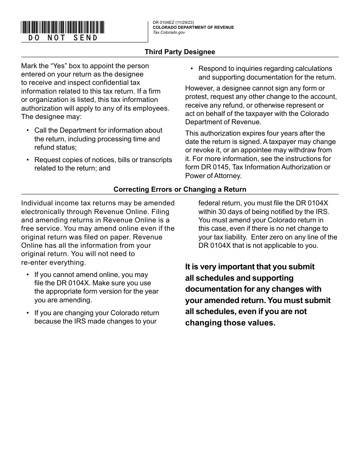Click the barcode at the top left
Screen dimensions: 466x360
63,27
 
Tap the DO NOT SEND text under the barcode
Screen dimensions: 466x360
63,38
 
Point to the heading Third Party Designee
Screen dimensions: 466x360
180,52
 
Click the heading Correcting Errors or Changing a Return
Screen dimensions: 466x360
180,189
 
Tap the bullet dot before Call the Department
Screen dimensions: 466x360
27,130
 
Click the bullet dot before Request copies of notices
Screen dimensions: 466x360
27,160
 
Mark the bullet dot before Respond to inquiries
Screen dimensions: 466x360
191,69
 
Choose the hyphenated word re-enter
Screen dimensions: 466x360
34,262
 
